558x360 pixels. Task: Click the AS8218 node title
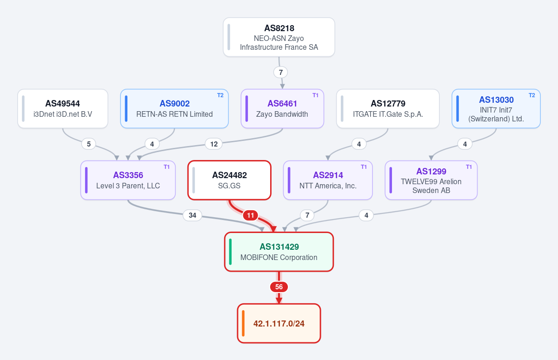pyautogui.click(x=279, y=28)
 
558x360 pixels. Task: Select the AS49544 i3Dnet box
pyautogui.click(x=63, y=109)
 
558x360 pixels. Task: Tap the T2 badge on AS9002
pyautogui.click(x=220, y=95)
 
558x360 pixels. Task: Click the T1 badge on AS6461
pyautogui.click(x=315, y=95)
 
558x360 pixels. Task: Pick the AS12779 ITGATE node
pyautogui.click(x=388, y=109)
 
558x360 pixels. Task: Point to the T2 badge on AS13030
pyautogui.click(x=532, y=95)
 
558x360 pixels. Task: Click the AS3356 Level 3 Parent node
pyautogui.click(x=128, y=180)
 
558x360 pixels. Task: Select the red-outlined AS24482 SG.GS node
pyautogui.click(x=229, y=180)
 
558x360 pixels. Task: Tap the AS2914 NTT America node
pyautogui.click(x=328, y=180)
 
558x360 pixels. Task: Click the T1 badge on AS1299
pyautogui.click(x=469, y=167)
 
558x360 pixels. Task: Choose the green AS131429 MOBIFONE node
pyautogui.click(x=279, y=252)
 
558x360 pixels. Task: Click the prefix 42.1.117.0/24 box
pyautogui.click(x=279, y=323)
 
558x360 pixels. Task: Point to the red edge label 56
pyautogui.click(x=279, y=287)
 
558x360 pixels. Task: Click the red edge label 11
pyautogui.click(x=251, y=215)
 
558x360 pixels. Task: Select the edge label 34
pyautogui.click(x=193, y=215)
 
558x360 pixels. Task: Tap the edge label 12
pyautogui.click(x=214, y=144)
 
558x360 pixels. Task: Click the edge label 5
pyautogui.click(x=89, y=144)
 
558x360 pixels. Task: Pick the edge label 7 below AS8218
pyautogui.click(x=281, y=73)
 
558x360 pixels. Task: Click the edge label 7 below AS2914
pyautogui.click(x=307, y=215)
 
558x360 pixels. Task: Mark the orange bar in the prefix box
pyautogui.click(x=243, y=323)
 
